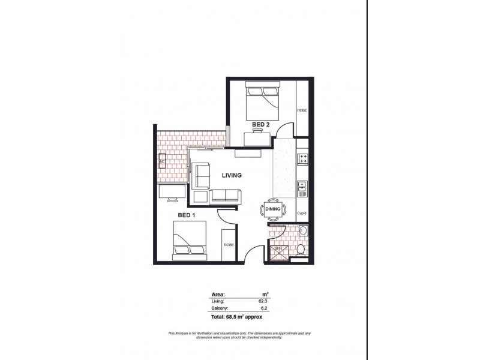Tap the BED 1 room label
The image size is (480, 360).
pos(185,214)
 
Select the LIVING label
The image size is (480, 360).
pos(232,176)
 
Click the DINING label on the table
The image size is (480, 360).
pos(274,209)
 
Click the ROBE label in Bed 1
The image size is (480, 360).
pos(229,245)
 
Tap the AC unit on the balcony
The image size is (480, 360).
pos(162,161)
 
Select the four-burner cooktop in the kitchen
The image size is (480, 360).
pos(303,159)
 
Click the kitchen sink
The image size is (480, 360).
pos(303,187)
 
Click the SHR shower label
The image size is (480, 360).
pos(278,248)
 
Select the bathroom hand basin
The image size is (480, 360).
pos(303,231)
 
